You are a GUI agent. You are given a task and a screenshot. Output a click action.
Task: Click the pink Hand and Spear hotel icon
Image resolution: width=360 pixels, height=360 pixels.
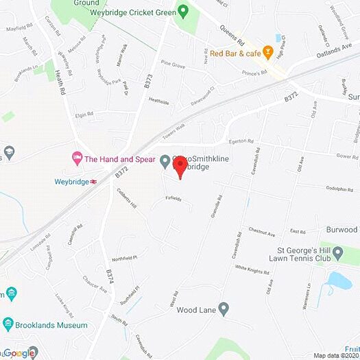(77, 158)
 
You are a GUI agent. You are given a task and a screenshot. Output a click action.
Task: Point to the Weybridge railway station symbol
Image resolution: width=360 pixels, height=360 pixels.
(94, 182)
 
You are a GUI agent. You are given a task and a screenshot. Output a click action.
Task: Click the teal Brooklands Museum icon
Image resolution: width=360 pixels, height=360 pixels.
(8, 324)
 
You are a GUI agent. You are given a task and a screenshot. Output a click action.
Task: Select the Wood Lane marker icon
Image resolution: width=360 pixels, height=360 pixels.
(223, 309)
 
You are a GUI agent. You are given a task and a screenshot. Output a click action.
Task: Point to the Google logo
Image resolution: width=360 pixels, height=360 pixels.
(19, 353)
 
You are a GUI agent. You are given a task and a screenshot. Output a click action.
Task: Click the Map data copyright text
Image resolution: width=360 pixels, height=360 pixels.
(336, 356)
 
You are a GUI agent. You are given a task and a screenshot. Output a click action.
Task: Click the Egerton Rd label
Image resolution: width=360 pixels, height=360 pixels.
(242, 141)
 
